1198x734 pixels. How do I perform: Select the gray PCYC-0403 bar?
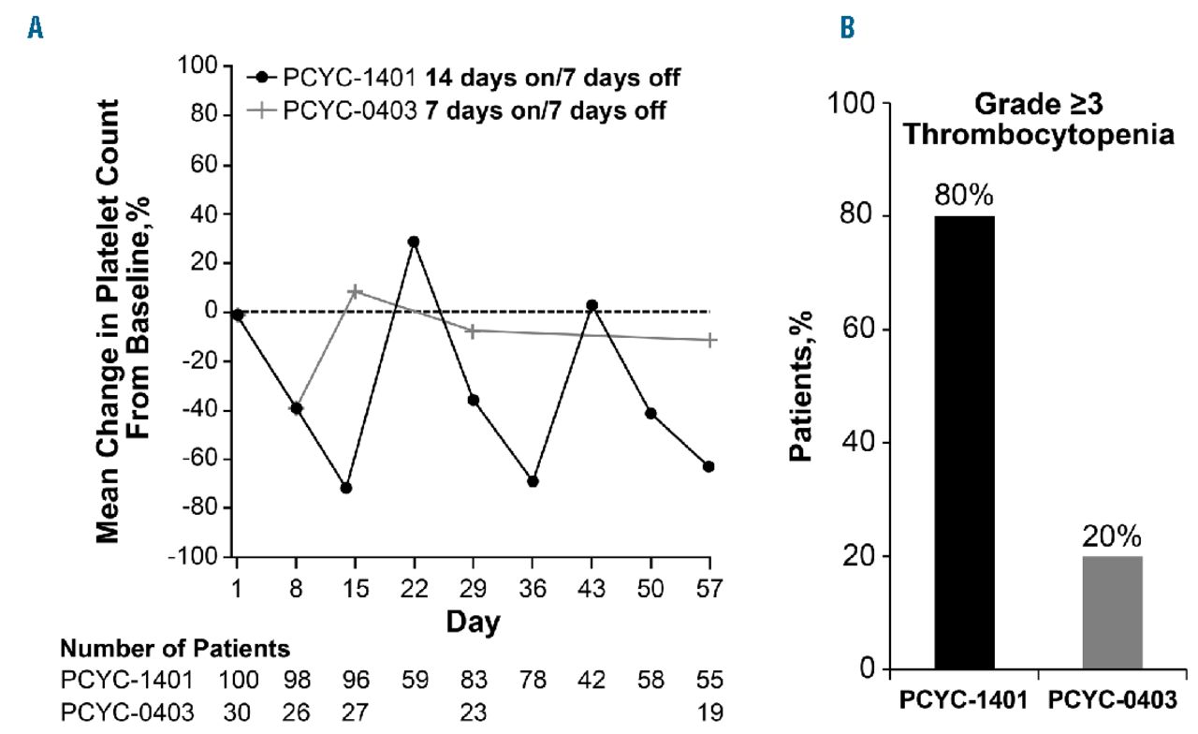1113,612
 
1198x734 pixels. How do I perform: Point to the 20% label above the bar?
1113,538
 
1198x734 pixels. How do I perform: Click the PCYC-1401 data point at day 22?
413,242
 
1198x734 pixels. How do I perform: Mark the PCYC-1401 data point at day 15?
346,488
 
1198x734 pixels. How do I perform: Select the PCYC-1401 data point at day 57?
709,466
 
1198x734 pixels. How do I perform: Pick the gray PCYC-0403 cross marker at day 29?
473,331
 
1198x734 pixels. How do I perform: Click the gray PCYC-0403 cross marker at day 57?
709,340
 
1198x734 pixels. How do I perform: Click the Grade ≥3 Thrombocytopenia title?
1038,119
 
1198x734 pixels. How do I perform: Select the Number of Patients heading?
176,648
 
